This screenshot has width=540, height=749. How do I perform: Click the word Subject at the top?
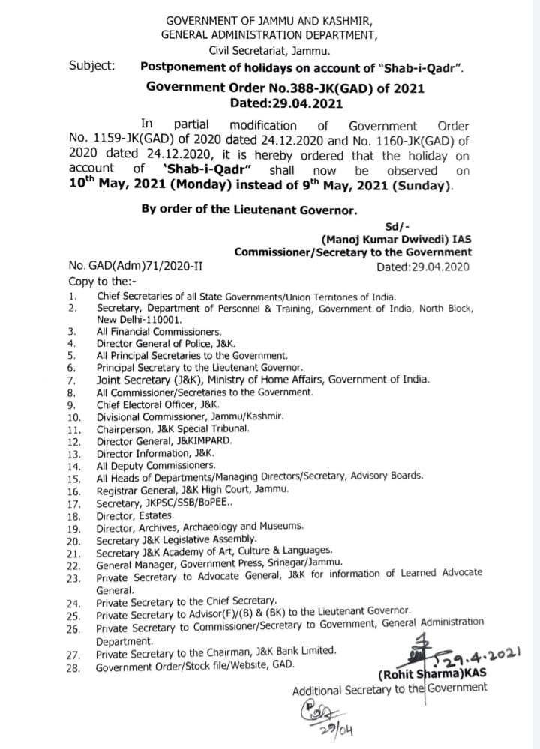pyautogui.click(x=92, y=64)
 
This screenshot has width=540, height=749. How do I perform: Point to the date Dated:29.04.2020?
pyautogui.click(x=424, y=266)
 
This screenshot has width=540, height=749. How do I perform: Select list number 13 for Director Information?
pyautogui.click(x=73, y=453)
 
